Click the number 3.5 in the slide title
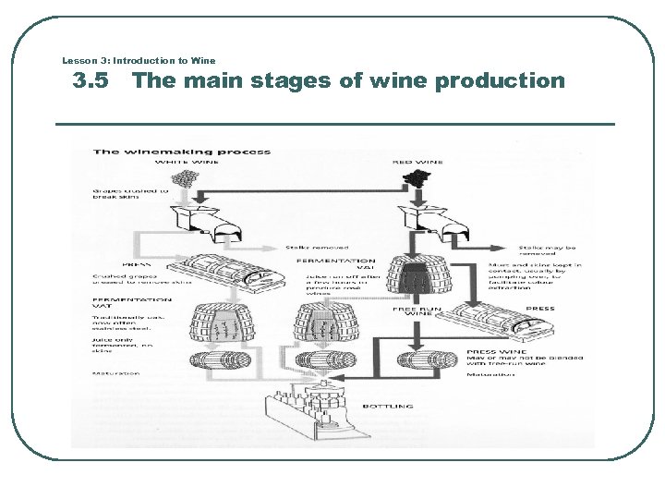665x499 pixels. pos(90,81)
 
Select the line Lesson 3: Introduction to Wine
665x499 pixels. pos(139,61)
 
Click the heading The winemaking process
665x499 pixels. pos(181,152)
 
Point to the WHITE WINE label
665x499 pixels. pos(187,162)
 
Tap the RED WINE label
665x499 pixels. pos(417,162)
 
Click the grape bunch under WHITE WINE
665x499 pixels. pos(187,177)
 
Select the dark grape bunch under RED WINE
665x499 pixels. pos(417,177)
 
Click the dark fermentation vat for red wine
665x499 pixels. pos(418,278)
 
